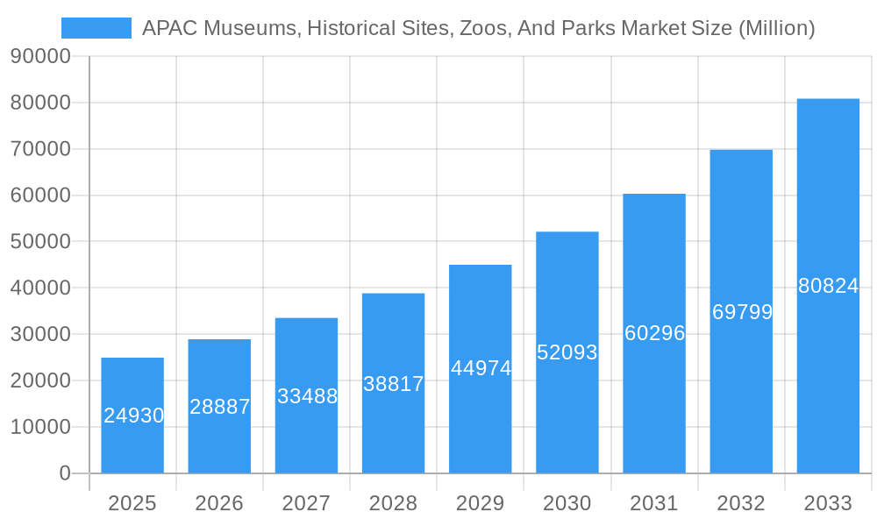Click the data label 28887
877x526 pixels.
[220, 407]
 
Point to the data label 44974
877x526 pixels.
[481, 368]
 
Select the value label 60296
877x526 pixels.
[654, 333]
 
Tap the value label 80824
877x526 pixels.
[828, 286]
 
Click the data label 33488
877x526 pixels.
[307, 396]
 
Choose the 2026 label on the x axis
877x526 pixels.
[219, 503]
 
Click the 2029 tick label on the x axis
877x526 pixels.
[481, 503]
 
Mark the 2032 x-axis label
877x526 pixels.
[741, 503]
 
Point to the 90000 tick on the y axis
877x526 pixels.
[40, 56]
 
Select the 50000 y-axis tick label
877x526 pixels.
[40, 241]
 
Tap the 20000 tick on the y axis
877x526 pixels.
[40, 380]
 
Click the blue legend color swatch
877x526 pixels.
[96, 28]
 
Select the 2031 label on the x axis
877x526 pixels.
[654, 503]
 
